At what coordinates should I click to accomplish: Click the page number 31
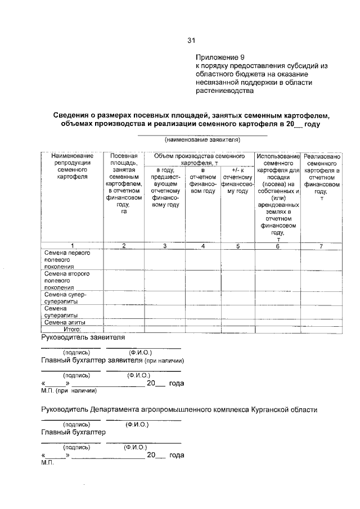click(191, 40)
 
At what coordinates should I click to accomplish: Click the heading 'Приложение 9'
click(220, 57)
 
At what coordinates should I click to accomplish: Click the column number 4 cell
click(202, 245)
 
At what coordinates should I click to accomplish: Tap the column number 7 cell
click(322, 245)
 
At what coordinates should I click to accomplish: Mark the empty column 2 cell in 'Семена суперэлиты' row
click(124, 311)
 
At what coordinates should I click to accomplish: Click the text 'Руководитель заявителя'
click(83, 337)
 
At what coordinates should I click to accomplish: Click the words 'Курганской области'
click(285, 410)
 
